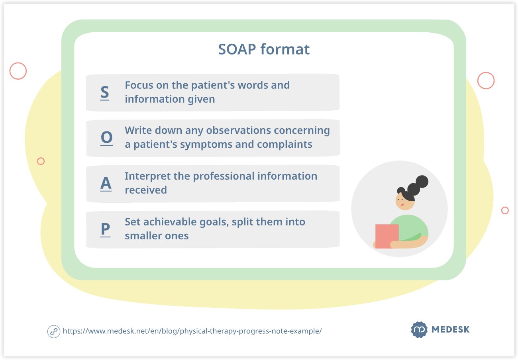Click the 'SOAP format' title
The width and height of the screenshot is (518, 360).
(264, 49)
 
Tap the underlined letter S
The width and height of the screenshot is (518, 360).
(105, 92)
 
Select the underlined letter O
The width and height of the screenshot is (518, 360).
(107, 138)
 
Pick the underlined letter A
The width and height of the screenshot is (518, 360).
(106, 184)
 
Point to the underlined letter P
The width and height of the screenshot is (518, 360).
(106, 229)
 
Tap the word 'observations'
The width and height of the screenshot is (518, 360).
(238, 130)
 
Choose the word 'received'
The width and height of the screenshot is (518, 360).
(146, 190)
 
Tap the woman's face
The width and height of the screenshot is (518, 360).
(404, 202)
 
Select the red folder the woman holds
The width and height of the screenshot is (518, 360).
(387, 236)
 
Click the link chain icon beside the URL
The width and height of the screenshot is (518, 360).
(54, 332)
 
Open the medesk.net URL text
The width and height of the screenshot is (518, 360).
(192, 331)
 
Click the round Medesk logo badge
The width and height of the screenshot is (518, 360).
(419, 329)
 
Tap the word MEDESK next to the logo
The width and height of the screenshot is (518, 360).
(451, 329)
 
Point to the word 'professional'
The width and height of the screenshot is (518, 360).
(224, 176)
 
